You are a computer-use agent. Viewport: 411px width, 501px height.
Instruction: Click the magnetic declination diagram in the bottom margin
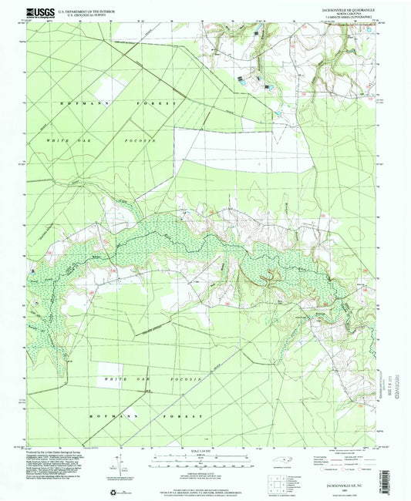point(121,469)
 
